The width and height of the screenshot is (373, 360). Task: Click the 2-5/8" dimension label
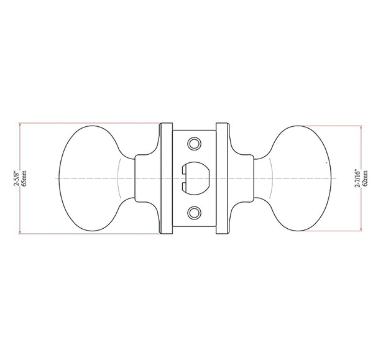16,178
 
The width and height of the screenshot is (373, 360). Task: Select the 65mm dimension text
24,178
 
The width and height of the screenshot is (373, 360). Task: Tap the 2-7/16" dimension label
358,178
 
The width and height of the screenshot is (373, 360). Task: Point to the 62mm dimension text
366,178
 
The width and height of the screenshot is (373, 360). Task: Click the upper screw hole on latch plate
195,144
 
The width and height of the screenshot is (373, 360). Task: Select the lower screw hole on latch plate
195,213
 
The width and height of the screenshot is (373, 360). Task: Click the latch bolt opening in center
196,178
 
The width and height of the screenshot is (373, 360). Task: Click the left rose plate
166,178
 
